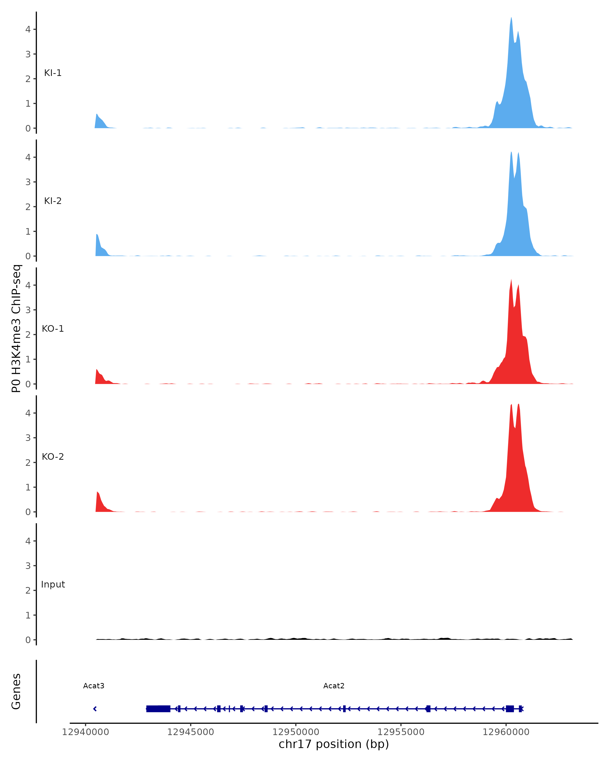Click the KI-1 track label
coord(53,73)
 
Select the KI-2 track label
coord(53,201)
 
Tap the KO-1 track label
coord(53,329)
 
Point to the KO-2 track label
coord(53,457)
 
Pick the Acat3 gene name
coord(94,686)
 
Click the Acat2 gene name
coord(333,686)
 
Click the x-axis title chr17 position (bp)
coord(333,744)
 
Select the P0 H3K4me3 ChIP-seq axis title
coord(16,328)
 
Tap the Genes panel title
coord(16,691)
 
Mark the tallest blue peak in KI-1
coord(511,18)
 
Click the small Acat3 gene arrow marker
coord(95,709)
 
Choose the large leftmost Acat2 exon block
coord(158,709)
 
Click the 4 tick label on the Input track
coord(28,541)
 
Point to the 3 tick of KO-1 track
coord(28,310)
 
